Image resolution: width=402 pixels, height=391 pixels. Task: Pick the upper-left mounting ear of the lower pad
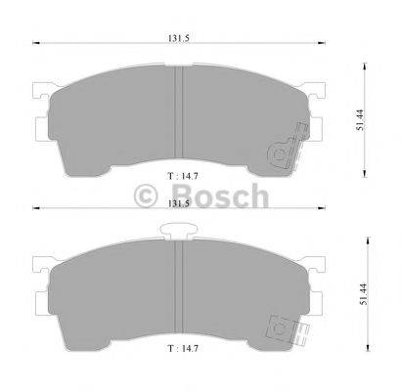(40, 265)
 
